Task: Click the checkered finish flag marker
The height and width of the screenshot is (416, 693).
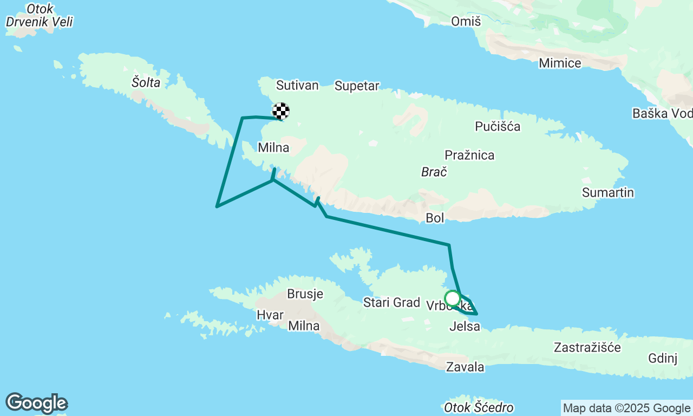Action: pyautogui.click(x=280, y=111)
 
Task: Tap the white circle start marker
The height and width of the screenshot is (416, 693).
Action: pyautogui.click(x=452, y=298)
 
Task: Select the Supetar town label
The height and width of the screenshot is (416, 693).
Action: pyautogui.click(x=357, y=86)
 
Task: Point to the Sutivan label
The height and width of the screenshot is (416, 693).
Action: pyautogui.click(x=297, y=85)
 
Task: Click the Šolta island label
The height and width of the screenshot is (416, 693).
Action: pyautogui.click(x=146, y=82)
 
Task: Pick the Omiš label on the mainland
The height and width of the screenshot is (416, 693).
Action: pyautogui.click(x=466, y=21)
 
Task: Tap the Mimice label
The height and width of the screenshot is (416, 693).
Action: pyautogui.click(x=560, y=63)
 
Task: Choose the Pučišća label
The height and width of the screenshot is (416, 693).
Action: pyautogui.click(x=498, y=127)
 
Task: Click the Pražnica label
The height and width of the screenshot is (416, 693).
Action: pyautogui.click(x=469, y=155)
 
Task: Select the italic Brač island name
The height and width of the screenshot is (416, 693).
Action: pyautogui.click(x=434, y=172)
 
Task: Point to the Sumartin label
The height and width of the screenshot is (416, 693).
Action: pyautogui.click(x=608, y=192)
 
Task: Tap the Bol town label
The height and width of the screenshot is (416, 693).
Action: pyautogui.click(x=435, y=218)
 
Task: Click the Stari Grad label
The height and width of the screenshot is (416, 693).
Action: pyautogui.click(x=391, y=302)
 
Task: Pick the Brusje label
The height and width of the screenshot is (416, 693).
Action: pyautogui.click(x=305, y=294)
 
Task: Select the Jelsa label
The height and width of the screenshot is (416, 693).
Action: pyautogui.click(x=465, y=326)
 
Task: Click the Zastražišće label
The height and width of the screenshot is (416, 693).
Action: pyautogui.click(x=587, y=347)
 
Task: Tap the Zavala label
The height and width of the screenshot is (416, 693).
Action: pyautogui.click(x=465, y=367)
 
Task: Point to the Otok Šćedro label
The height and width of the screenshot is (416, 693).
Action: pyautogui.click(x=478, y=407)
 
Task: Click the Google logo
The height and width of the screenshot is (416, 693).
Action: pyautogui.click(x=36, y=403)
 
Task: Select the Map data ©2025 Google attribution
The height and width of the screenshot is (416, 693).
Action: pyautogui.click(x=626, y=408)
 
